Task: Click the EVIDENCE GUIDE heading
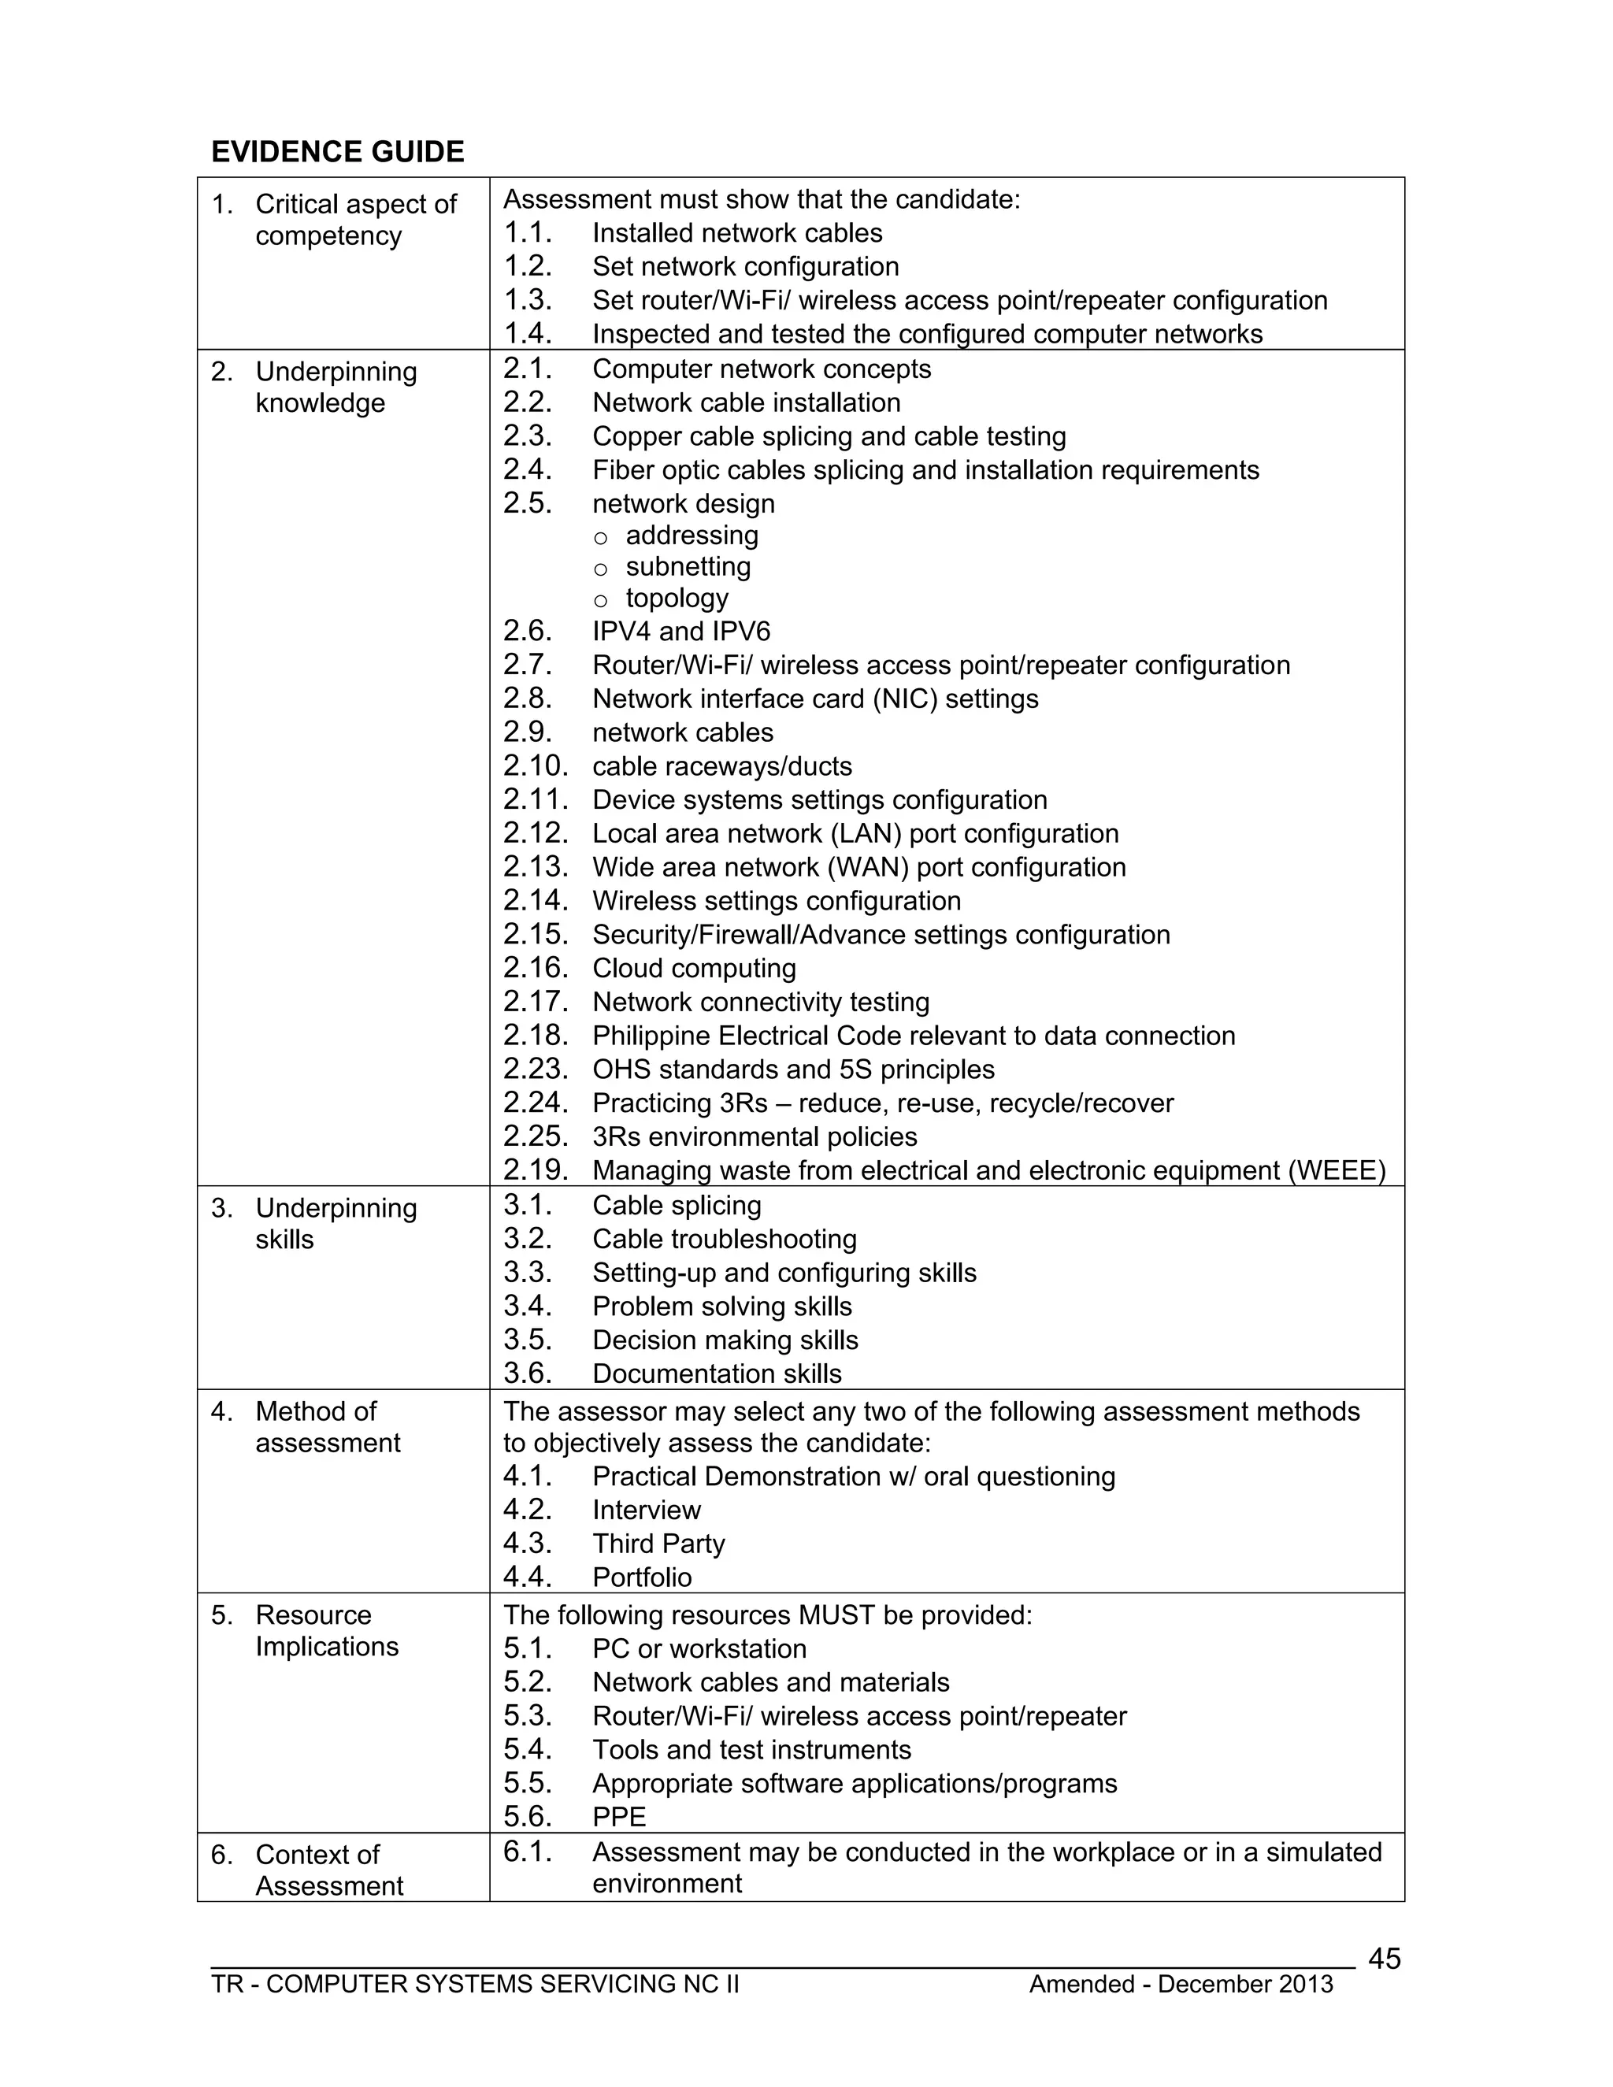tap(337, 152)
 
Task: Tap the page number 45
tap(1384, 1959)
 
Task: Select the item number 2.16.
tap(535, 968)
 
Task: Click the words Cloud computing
tap(694, 968)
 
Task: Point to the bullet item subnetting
tap(688, 567)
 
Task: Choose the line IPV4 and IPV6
tap(680, 632)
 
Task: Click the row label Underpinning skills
tap(335, 1223)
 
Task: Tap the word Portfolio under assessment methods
tap(641, 1577)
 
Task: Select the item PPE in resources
tap(618, 1817)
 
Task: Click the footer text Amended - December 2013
tap(1180, 1985)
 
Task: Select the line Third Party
tap(658, 1544)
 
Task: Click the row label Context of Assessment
tap(328, 1870)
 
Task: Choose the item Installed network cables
tap(736, 233)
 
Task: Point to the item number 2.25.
tap(535, 1136)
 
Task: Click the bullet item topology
tap(677, 599)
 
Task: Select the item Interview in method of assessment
tap(646, 1510)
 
